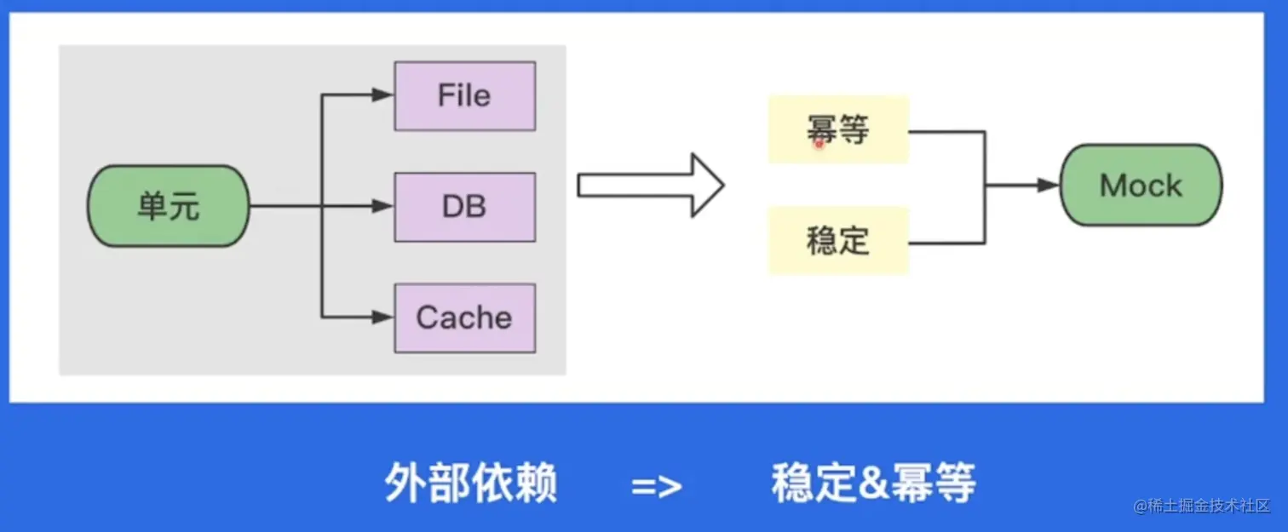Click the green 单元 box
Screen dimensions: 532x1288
coord(169,206)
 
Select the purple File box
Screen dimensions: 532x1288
coord(464,95)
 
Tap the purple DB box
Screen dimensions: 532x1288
coord(464,207)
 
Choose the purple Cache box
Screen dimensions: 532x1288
coord(464,318)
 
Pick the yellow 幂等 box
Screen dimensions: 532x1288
coord(838,129)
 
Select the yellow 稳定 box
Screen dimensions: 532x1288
coord(838,241)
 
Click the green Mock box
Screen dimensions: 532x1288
coord(1141,186)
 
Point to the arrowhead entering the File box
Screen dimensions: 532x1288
coord(383,95)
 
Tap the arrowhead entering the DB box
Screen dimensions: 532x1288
coord(383,207)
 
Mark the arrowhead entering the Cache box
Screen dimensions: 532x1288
coord(383,318)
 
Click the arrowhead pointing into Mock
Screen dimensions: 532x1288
coord(1049,186)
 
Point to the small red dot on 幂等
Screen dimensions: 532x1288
coord(819,145)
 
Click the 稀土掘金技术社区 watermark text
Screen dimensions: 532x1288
coord(1208,506)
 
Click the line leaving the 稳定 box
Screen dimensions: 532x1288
coord(946,243)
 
